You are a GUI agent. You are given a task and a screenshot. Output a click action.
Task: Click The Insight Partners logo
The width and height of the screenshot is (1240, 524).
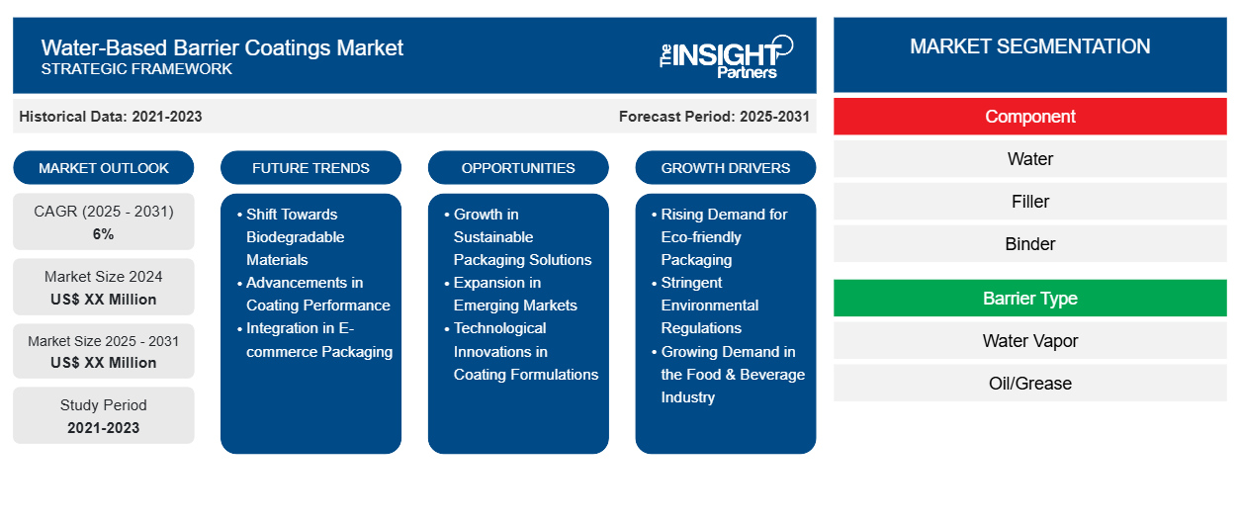[x=726, y=57]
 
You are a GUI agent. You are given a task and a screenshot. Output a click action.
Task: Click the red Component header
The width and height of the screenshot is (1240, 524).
[x=1029, y=117]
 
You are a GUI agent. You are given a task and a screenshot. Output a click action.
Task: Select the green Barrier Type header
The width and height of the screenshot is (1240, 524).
[x=1029, y=299]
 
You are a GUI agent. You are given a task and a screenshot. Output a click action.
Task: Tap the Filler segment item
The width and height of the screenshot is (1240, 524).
[x=1029, y=202]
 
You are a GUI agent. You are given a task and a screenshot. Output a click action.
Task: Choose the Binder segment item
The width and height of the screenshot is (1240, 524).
[x=1029, y=244]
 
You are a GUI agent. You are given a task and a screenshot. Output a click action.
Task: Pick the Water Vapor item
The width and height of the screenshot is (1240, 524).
[x=1029, y=341]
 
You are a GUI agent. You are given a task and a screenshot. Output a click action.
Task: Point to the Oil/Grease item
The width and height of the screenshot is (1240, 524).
[x=1029, y=384]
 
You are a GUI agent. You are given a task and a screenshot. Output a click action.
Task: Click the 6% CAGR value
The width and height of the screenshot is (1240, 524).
[x=104, y=234]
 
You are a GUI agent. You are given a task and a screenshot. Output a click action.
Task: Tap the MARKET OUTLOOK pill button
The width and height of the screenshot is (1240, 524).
[x=104, y=168]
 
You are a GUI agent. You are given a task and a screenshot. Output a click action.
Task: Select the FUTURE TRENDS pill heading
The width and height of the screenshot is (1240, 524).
[x=310, y=168]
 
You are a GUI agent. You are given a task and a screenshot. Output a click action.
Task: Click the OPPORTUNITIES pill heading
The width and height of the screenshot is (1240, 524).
[x=518, y=168]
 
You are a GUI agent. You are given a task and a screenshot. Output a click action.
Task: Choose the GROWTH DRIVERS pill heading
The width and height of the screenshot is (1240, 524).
[x=725, y=168]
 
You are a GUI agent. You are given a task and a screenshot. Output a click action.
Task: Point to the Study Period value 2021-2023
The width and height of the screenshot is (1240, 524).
[x=104, y=428]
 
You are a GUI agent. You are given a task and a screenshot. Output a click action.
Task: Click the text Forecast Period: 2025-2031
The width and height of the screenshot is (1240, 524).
[x=714, y=117]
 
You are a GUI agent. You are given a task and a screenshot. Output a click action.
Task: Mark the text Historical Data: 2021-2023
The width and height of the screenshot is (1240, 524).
[x=111, y=117]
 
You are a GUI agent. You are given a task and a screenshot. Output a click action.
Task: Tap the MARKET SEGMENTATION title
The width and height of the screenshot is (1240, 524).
[x=1029, y=46]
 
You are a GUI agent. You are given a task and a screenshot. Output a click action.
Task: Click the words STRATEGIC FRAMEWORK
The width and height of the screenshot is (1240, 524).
[x=136, y=69]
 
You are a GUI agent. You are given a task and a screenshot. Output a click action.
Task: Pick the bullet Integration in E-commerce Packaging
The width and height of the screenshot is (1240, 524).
[x=315, y=340]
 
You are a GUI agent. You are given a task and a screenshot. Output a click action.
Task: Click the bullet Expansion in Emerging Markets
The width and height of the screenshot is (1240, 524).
[x=510, y=294]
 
